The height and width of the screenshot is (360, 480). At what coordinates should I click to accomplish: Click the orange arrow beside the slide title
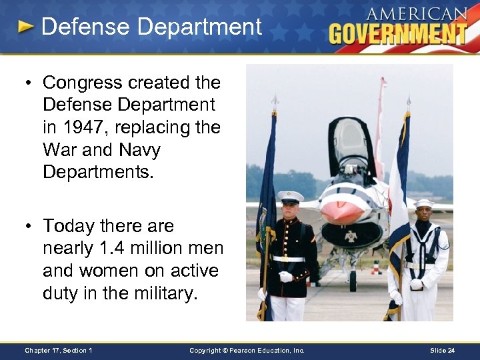(26, 27)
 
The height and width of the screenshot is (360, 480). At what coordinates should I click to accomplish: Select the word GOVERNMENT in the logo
(397, 33)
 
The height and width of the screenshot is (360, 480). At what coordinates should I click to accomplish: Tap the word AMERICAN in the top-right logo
(416, 14)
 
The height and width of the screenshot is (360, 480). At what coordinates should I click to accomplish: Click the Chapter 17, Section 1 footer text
(58, 351)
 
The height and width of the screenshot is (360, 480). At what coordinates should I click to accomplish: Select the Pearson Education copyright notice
(247, 351)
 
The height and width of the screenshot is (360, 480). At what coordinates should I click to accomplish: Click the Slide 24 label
(442, 351)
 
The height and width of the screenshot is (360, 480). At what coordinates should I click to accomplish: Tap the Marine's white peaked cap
(290, 197)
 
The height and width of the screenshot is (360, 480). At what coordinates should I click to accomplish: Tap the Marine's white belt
(287, 259)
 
